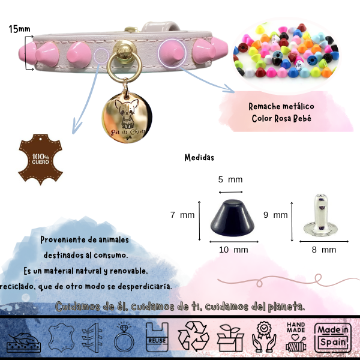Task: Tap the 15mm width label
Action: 20,29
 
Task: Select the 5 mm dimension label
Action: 230,179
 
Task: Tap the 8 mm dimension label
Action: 325,249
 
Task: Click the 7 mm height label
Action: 182,214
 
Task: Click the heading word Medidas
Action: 199,158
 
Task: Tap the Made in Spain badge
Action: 333,337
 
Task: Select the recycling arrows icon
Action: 193,336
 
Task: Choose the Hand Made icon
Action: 296,337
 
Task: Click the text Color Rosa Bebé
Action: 281,118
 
